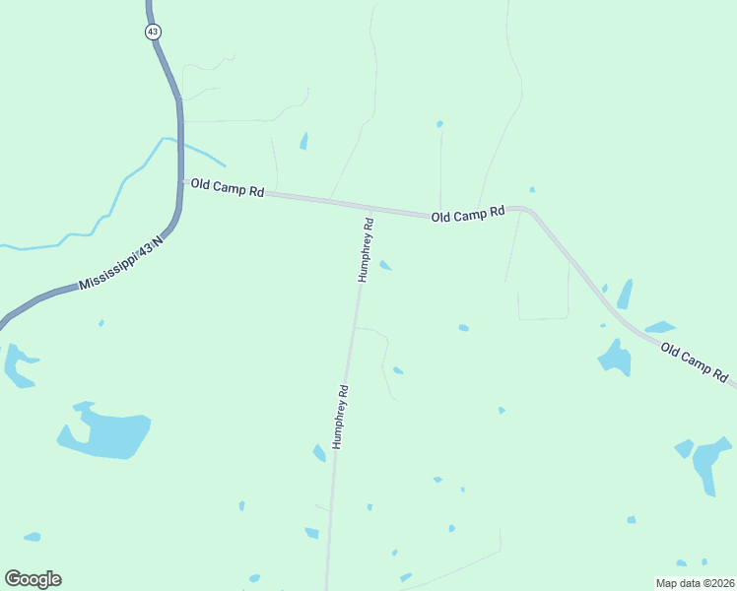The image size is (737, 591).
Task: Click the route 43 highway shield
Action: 153,32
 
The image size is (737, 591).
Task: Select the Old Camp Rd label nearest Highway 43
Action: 227,188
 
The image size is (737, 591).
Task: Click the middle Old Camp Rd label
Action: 467,214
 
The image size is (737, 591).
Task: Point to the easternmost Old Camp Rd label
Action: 694,361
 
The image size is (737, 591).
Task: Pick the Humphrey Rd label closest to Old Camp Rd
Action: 367,250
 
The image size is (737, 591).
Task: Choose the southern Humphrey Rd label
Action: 341,417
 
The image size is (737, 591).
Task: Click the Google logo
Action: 33,579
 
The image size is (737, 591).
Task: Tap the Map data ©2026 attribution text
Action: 696,583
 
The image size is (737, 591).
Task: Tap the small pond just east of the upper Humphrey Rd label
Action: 386,265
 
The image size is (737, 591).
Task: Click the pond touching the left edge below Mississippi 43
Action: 17,364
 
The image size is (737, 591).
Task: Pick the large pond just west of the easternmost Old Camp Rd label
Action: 616,357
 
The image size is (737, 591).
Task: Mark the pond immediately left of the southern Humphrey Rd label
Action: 319,453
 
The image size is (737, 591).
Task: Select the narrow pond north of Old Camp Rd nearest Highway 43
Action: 303,141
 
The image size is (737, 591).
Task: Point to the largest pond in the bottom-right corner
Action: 707,463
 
